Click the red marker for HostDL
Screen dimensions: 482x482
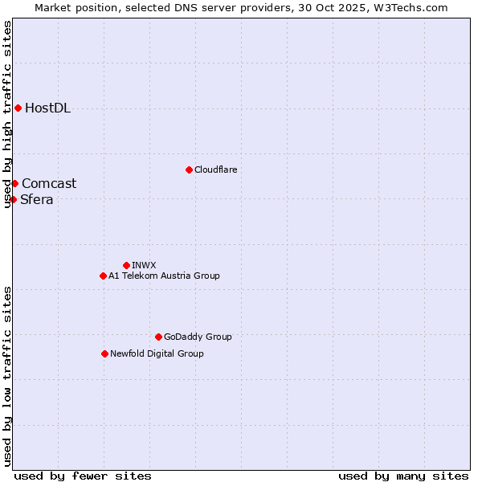coord(18,108)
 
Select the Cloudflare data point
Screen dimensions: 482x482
coord(189,170)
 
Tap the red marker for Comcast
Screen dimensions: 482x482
coord(14,183)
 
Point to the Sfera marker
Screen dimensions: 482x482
coord(13,199)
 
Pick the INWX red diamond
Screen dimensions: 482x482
coord(126,265)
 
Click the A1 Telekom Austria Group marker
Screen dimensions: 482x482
coord(103,276)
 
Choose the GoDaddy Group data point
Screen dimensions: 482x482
coord(158,337)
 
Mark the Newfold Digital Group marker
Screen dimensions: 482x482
coord(104,353)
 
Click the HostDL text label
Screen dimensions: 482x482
coord(47,108)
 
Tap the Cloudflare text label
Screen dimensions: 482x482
coord(215,170)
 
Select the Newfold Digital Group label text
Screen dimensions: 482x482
coord(157,353)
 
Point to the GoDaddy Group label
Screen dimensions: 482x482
coord(198,337)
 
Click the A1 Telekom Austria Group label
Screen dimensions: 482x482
coord(164,276)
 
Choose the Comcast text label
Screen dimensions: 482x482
coord(49,183)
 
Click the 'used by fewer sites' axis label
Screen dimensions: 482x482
coord(83,476)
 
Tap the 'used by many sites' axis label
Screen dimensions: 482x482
coord(403,476)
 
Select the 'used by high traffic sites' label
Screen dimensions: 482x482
coord(8,114)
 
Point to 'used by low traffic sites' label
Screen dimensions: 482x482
coord(8,375)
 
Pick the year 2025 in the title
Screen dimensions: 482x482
coord(345,7)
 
